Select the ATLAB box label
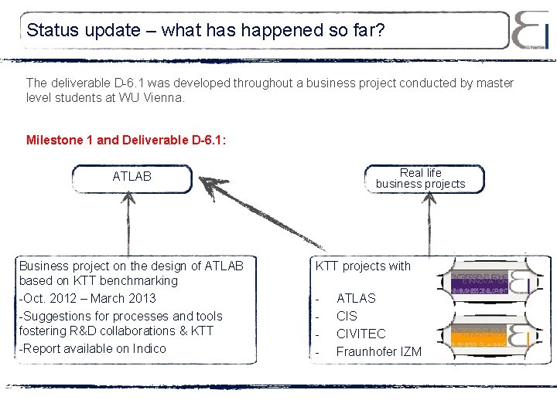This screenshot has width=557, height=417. (x=132, y=177)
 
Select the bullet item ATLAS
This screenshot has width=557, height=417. (x=356, y=298)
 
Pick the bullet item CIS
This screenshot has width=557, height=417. (x=347, y=316)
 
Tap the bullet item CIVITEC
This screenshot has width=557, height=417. (x=361, y=334)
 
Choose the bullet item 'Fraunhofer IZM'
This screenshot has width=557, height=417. (x=379, y=351)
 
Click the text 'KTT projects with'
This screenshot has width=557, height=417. (x=363, y=266)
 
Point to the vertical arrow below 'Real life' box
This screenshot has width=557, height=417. (x=425, y=224)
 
